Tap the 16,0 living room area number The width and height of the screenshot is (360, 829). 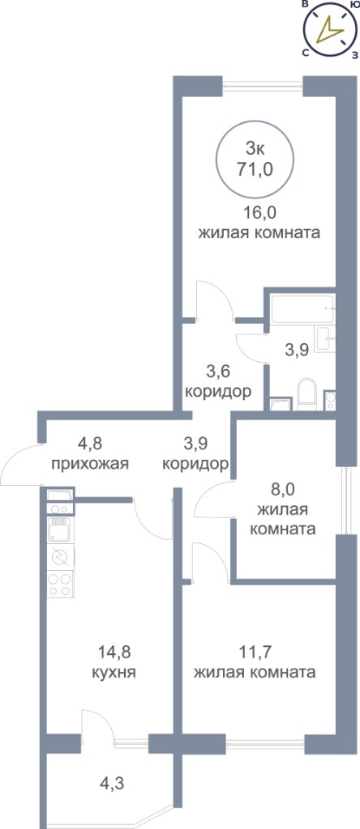pyautogui.click(x=259, y=213)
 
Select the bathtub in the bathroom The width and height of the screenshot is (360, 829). pyautogui.click(x=301, y=308)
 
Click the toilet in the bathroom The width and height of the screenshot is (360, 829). pyautogui.click(x=307, y=394)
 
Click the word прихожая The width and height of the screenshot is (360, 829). pyautogui.click(x=90, y=464)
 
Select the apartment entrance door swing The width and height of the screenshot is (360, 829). pyautogui.click(x=21, y=465)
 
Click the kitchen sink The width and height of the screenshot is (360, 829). pyautogui.click(x=58, y=529)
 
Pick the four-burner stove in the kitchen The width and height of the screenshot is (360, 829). pyautogui.click(x=60, y=584)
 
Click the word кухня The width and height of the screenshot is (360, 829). pyautogui.click(x=114, y=673)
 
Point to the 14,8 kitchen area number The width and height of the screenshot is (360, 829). pyautogui.click(x=114, y=652)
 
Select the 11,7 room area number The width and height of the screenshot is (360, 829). pyautogui.click(x=255, y=652)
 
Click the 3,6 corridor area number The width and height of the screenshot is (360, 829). pyautogui.click(x=217, y=371)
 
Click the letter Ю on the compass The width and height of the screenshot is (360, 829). pyautogui.click(x=352, y=4)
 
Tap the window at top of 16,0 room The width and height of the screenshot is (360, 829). pyautogui.click(x=263, y=86)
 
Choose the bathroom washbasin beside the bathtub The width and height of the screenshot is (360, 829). pyautogui.click(x=324, y=339)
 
